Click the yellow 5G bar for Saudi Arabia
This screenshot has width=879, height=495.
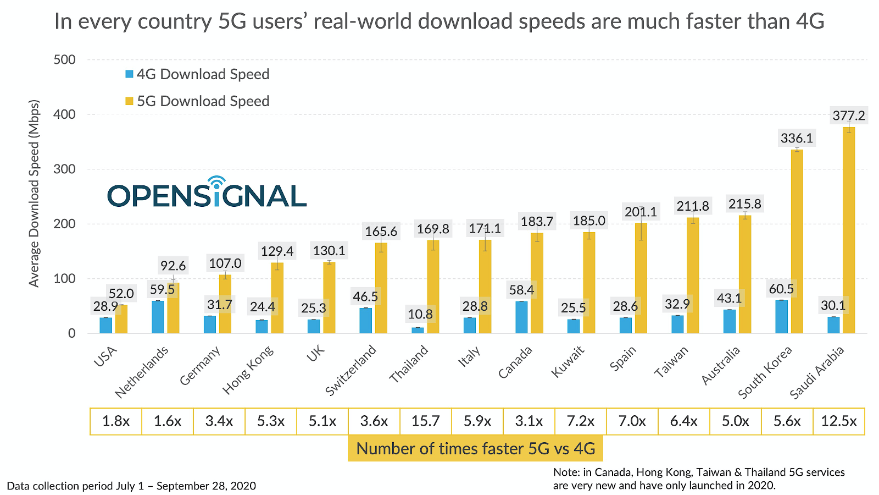pos(849,231)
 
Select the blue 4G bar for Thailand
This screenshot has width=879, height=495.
pos(418,330)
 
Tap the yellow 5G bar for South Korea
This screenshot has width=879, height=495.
pos(797,242)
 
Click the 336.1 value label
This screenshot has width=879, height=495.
pos(797,138)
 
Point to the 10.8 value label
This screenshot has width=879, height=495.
pos(420,314)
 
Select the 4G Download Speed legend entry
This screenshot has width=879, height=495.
pos(198,74)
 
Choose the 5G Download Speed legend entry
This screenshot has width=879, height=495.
pos(198,101)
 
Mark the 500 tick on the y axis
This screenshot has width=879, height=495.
pos(65,59)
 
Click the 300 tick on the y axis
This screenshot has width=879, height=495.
pos(65,169)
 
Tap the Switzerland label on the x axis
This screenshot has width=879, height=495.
pos(351,370)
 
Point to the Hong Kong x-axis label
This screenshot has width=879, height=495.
pos(248,370)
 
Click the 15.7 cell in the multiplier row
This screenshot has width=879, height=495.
pos(426,421)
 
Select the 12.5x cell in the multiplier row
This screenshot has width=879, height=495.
pos(839,421)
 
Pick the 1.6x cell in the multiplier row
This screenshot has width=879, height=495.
pos(168,421)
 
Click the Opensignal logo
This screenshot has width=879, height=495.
pos(207,193)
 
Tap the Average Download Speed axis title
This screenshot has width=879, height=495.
pos(35,193)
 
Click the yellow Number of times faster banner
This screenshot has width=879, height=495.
pos(476,449)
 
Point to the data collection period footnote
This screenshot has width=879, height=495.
pos(131,486)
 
